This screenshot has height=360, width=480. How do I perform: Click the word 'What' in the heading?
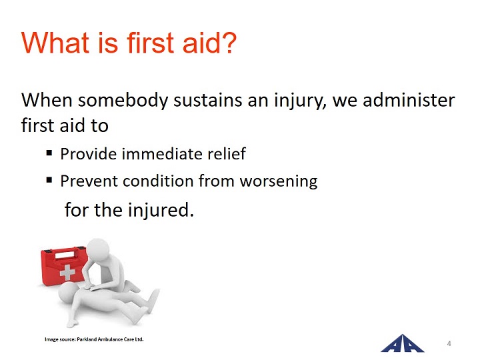pyautogui.click(x=55, y=42)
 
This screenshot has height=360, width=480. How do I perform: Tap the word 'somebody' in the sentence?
pyautogui.click(x=123, y=101)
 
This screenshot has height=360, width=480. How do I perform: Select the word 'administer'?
pyautogui.click(x=409, y=100)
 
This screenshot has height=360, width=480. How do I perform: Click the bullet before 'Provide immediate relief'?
pyautogui.click(x=49, y=153)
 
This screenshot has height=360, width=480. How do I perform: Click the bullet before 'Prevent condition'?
pyautogui.click(x=49, y=180)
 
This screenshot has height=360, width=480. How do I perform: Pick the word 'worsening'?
pyautogui.click(x=279, y=181)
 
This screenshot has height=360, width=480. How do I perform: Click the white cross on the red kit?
pyautogui.click(x=67, y=272)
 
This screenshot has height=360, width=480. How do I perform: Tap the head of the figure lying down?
pyautogui.click(x=69, y=293)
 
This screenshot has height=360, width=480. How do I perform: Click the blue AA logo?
pyautogui.click(x=402, y=343)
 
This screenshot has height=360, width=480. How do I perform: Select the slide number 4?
pyautogui.click(x=449, y=343)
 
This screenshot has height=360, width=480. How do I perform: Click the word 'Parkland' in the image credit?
pyautogui.click(x=87, y=339)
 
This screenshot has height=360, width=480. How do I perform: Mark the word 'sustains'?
pyautogui.click(x=207, y=101)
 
